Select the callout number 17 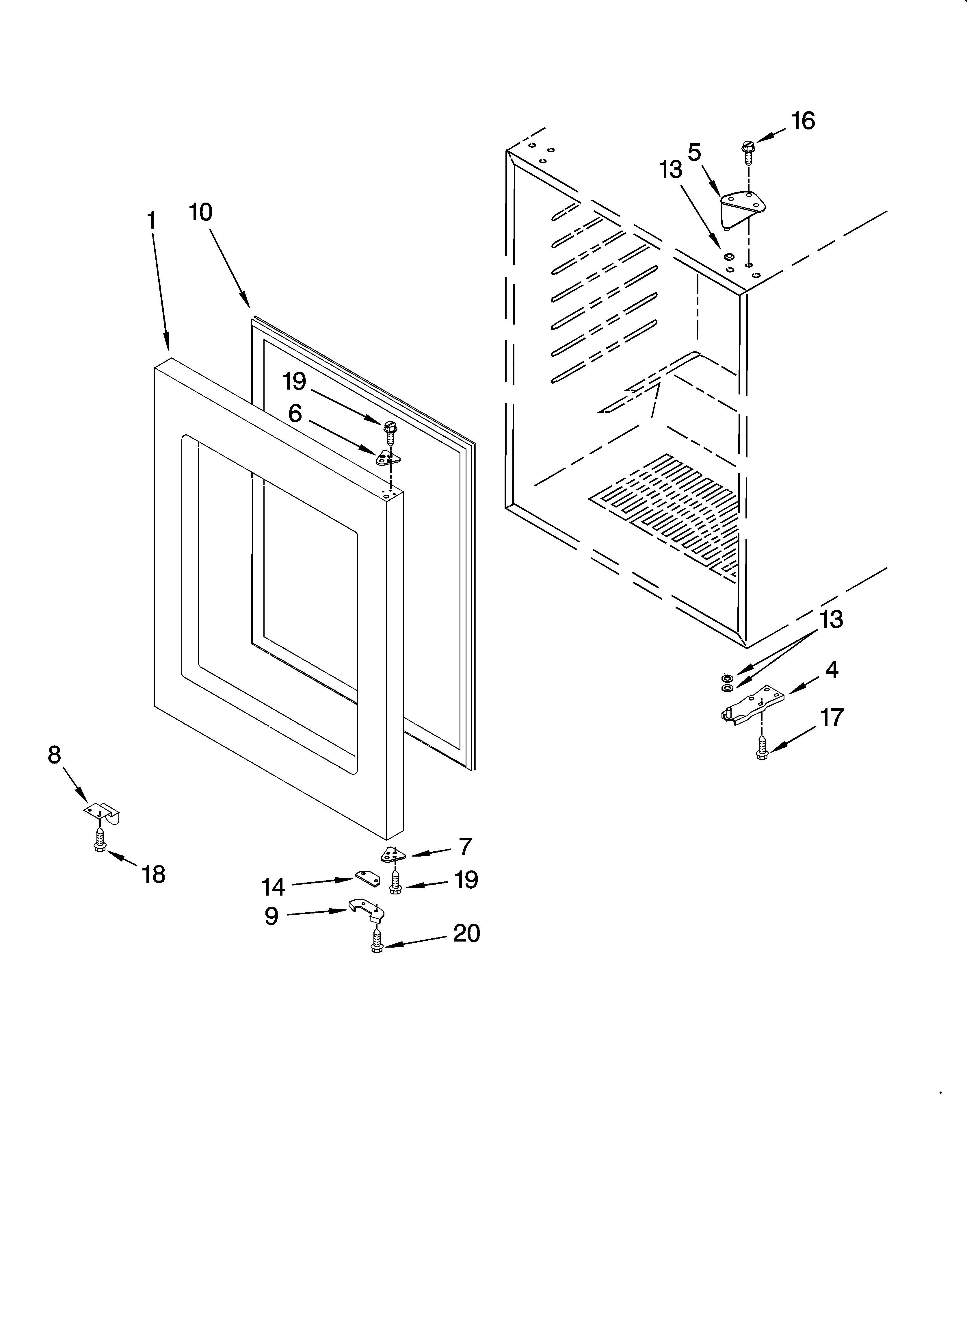(832, 718)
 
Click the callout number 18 (153, 874)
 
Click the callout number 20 (466, 933)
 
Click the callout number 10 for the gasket (201, 212)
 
